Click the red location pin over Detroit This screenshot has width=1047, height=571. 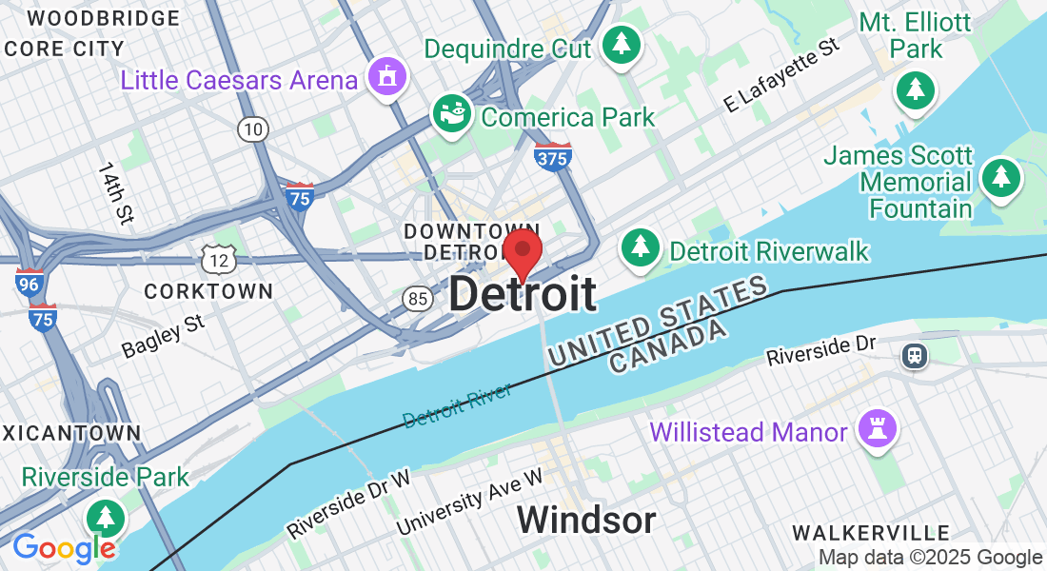(x=522, y=250)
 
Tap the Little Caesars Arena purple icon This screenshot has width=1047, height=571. (x=387, y=76)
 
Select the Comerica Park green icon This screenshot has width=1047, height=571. (x=453, y=114)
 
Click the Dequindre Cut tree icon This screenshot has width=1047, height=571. (x=622, y=44)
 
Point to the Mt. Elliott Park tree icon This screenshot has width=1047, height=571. (x=915, y=89)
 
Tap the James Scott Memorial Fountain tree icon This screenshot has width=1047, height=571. (x=1000, y=178)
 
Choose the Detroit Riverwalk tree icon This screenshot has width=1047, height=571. (x=641, y=247)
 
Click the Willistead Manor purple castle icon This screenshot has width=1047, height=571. (x=874, y=429)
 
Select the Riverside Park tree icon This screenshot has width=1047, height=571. (x=105, y=519)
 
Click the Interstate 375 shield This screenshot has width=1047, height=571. (x=553, y=157)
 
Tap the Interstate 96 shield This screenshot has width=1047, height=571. (x=30, y=283)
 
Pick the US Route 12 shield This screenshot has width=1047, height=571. (x=218, y=257)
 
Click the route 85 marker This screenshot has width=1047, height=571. (x=415, y=300)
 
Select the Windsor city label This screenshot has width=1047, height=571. (x=586, y=521)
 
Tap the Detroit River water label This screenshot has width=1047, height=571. (x=457, y=404)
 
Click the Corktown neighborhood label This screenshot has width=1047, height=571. (x=208, y=290)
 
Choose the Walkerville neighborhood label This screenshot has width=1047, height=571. (x=871, y=532)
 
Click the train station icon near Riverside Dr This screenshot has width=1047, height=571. (x=915, y=356)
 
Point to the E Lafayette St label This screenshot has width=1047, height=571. (x=781, y=75)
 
